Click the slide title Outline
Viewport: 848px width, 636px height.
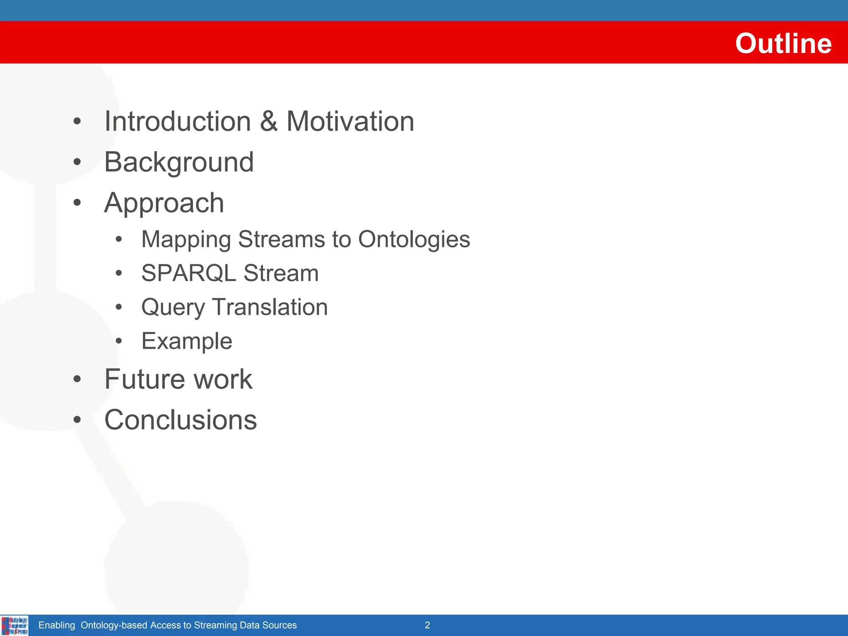pos(783,43)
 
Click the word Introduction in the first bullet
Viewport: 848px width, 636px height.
pos(178,121)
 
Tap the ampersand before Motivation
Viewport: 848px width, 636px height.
pos(269,121)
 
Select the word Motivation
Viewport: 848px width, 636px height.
pos(350,121)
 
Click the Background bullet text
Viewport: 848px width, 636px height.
pos(179,162)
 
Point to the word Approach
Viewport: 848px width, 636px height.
pos(164,203)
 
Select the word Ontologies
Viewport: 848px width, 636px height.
pos(414,240)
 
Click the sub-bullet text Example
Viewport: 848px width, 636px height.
pos(187,342)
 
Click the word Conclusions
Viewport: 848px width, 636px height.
pos(181,420)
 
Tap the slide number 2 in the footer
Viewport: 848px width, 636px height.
pos(427,625)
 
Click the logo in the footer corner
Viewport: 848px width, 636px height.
pos(14,625)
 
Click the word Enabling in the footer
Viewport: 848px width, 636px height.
pos(57,625)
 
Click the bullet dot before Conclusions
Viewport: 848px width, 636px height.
pos(77,420)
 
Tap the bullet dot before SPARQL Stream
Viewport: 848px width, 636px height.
pos(119,273)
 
